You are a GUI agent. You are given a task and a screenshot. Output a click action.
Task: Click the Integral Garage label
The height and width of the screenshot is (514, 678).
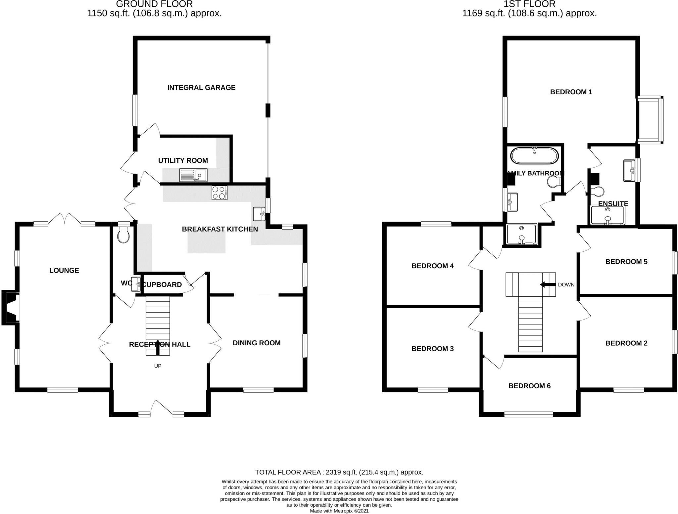pyautogui.click(x=201, y=88)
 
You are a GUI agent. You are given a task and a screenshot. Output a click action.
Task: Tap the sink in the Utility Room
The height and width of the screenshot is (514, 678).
pyautogui.click(x=193, y=175)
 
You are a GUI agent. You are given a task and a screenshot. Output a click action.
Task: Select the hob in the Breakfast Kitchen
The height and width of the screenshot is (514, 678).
pyautogui.click(x=219, y=193)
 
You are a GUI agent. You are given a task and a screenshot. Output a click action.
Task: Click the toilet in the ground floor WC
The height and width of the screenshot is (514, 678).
pyautogui.click(x=123, y=235)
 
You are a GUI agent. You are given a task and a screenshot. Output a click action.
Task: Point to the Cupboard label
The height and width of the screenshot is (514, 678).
pyautogui.click(x=162, y=285)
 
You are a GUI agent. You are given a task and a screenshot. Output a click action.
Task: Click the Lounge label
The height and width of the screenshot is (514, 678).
pyautogui.click(x=64, y=271)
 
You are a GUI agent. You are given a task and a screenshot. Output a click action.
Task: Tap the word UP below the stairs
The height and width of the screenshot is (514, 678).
pyautogui.click(x=158, y=366)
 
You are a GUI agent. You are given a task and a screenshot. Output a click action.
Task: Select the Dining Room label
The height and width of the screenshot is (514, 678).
pyautogui.click(x=257, y=343)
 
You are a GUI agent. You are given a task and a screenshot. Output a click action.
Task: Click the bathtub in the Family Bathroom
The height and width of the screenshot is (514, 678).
pyautogui.click(x=534, y=156)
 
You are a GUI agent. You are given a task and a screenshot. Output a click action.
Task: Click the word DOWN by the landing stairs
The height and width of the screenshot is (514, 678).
pyautogui.click(x=566, y=285)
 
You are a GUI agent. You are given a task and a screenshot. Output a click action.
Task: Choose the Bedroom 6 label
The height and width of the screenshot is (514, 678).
pyautogui.click(x=529, y=386)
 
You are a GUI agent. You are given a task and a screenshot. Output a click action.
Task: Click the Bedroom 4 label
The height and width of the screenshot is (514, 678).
pyautogui.click(x=432, y=266)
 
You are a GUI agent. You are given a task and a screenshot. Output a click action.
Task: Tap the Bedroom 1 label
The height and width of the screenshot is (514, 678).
pyautogui.click(x=571, y=92)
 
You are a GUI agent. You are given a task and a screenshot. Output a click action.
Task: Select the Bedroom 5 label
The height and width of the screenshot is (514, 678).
pyautogui.click(x=626, y=262)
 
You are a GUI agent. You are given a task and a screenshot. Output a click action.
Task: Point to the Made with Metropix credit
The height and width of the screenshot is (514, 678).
pyautogui.click(x=339, y=511)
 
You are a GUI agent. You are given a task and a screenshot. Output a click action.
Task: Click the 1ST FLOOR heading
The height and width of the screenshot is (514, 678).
pyautogui.click(x=529, y=4)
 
